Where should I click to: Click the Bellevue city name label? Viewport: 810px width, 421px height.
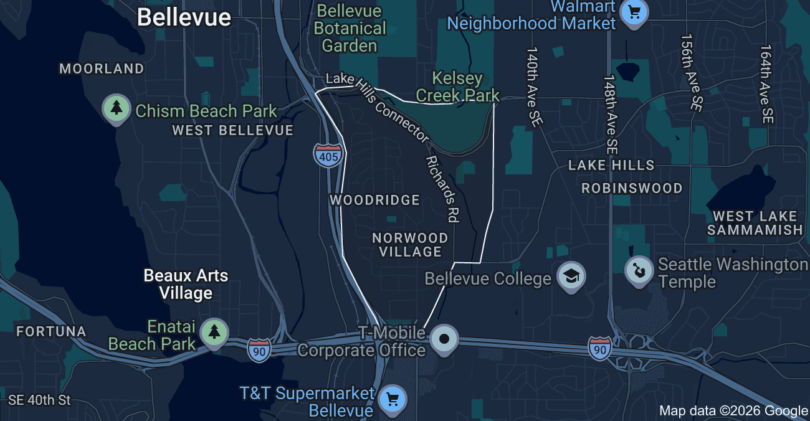(184, 17)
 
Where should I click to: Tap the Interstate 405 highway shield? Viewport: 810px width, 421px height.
(328, 155)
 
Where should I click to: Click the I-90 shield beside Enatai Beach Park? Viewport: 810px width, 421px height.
(259, 350)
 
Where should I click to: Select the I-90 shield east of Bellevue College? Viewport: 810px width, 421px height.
(599, 348)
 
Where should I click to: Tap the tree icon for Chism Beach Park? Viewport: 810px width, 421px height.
(116, 109)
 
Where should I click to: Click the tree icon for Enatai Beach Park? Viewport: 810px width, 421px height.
(214, 332)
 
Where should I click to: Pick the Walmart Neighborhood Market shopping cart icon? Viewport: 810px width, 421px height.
(634, 12)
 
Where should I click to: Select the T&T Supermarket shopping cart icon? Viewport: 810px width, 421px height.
(393, 399)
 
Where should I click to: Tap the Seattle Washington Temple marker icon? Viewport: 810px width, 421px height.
(639, 271)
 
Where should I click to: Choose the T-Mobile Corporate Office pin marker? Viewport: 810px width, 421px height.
(445, 339)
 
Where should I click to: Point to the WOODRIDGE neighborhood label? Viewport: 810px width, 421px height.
(374, 200)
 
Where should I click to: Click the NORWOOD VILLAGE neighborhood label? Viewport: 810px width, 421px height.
(410, 245)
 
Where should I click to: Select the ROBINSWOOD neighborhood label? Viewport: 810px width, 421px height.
(632, 188)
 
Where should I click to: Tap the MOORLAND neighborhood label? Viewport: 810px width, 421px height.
(102, 69)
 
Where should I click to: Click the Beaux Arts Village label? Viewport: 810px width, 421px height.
(186, 284)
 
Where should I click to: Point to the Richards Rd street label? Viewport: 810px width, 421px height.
(442, 189)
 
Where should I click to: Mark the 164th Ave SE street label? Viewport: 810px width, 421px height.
(766, 84)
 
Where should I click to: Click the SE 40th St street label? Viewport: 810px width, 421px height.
(40, 400)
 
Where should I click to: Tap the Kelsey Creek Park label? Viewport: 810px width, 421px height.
(457, 87)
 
